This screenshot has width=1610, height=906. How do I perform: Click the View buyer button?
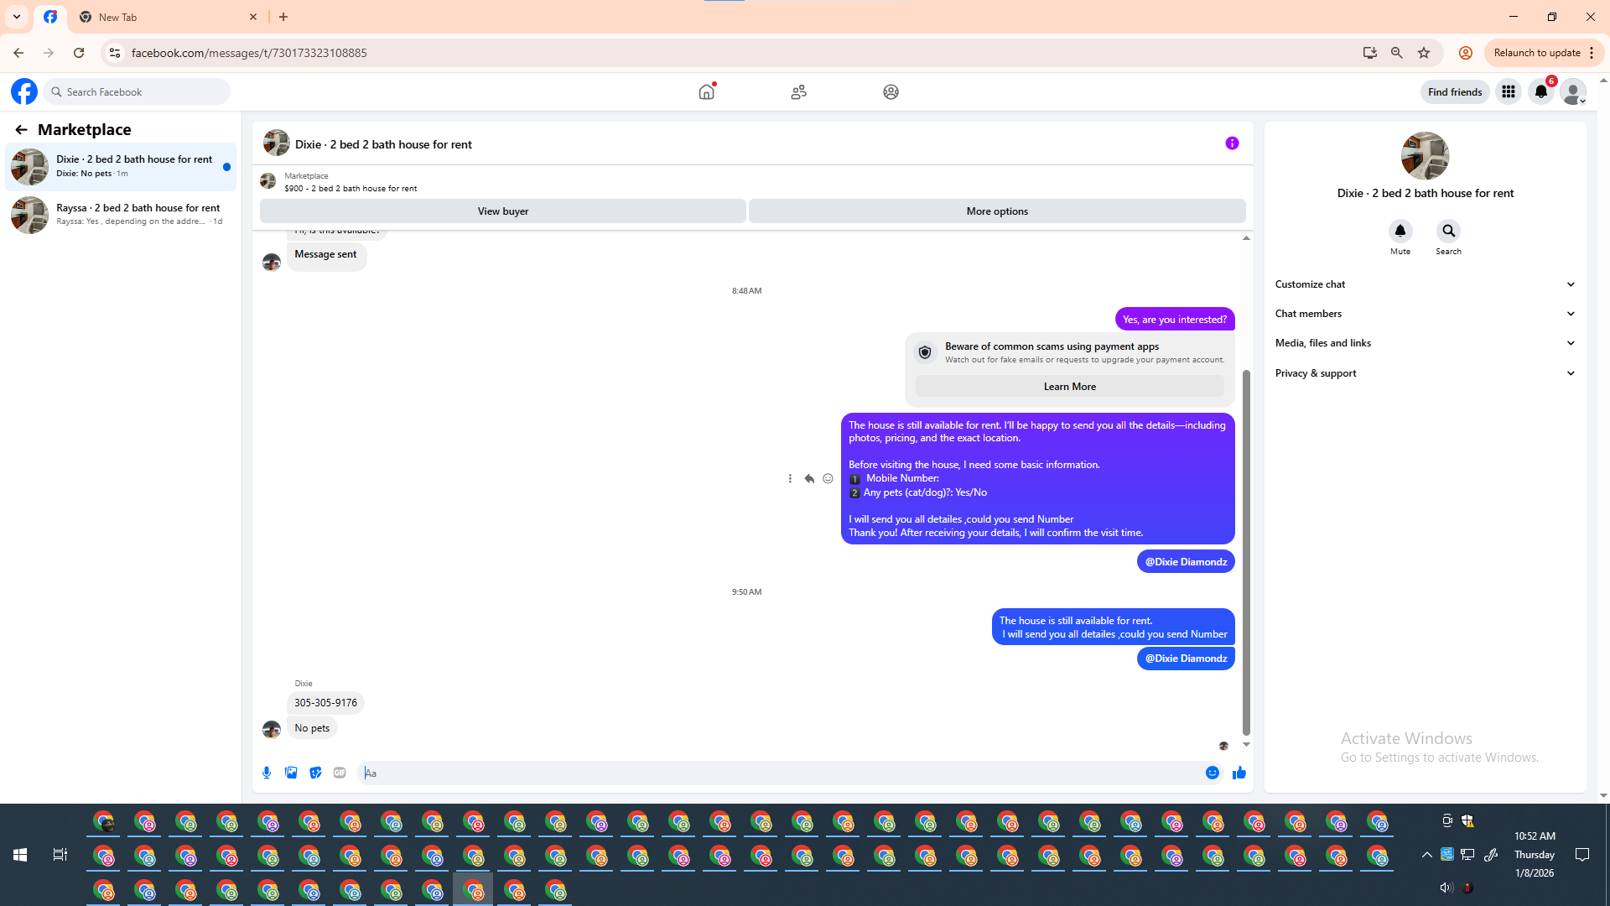pos(502,211)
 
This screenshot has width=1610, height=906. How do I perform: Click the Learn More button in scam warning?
pos(1069,387)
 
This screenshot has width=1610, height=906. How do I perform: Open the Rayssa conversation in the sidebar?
pos(121,215)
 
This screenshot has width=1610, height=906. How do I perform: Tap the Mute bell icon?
pos(1400,231)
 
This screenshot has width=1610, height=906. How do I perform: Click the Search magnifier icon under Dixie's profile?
pos(1448,231)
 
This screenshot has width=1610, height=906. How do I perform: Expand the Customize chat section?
pos(1425,284)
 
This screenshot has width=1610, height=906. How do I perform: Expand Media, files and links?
pos(1425,343)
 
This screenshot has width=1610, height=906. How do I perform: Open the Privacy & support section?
pos(1425,373)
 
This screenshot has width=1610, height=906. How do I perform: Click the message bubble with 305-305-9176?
pos(325,703)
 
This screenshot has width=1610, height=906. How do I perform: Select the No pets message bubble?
pos(312,728)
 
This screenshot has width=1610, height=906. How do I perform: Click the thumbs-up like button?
pos(1239,773)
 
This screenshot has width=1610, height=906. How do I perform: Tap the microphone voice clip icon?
pos(267,773)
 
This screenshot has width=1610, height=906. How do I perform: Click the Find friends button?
pos(1455,92)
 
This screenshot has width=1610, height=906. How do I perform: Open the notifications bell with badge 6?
pos(1541,91)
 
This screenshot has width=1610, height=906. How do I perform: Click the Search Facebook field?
pos(138,92)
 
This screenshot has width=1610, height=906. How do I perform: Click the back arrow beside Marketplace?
pos(21,130)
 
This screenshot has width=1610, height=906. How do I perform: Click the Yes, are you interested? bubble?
pos(1174,320)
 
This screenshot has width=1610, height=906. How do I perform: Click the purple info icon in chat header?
pos(1232,143)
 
